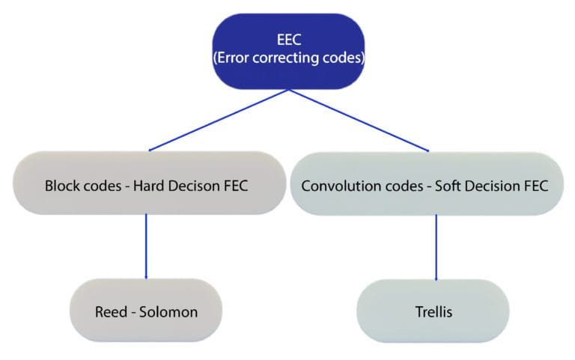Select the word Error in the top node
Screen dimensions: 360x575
click(x=236, y=58)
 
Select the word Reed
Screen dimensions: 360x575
click(x=111, y=311)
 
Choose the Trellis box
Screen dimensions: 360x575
click(x=433, y=311)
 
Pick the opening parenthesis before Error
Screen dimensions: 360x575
click(x=216, y=58)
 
